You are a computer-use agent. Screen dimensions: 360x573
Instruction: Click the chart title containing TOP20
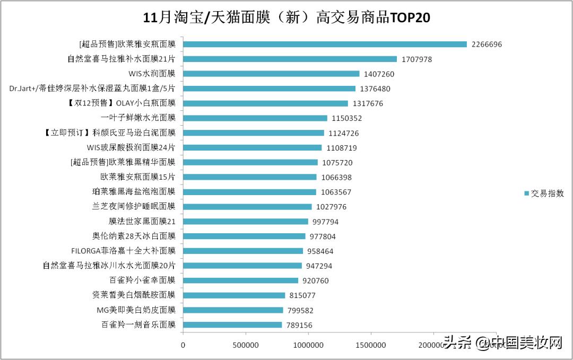coord(286,18)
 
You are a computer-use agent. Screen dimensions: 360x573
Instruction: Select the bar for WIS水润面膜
coord(271,74)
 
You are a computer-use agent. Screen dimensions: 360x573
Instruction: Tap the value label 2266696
coord(487,45)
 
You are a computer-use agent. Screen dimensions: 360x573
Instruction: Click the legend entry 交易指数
coord(544,194)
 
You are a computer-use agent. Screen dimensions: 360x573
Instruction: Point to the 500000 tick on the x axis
coord(246,346)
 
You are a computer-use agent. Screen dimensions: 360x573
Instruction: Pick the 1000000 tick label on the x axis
coord(308,346)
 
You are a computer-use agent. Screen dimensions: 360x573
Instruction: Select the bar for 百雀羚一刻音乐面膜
coord(232,324)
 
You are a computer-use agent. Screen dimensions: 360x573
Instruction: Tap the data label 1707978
coord(416,59)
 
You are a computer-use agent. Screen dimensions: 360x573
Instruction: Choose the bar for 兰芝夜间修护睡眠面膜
coord(247,207)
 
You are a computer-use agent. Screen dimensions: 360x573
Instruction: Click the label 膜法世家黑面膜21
coord(142,221)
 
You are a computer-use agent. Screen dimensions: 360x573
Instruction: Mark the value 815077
coord(305,295)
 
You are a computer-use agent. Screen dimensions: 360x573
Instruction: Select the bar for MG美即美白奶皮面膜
coord(233,310)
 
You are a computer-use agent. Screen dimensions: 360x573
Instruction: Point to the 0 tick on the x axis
coord(183,346)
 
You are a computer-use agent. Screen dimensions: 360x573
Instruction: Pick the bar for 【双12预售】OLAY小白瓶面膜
coord(265,103)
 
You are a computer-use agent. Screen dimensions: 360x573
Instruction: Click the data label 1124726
coord(343,133)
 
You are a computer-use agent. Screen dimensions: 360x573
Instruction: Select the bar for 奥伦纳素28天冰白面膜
coord(244,236)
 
